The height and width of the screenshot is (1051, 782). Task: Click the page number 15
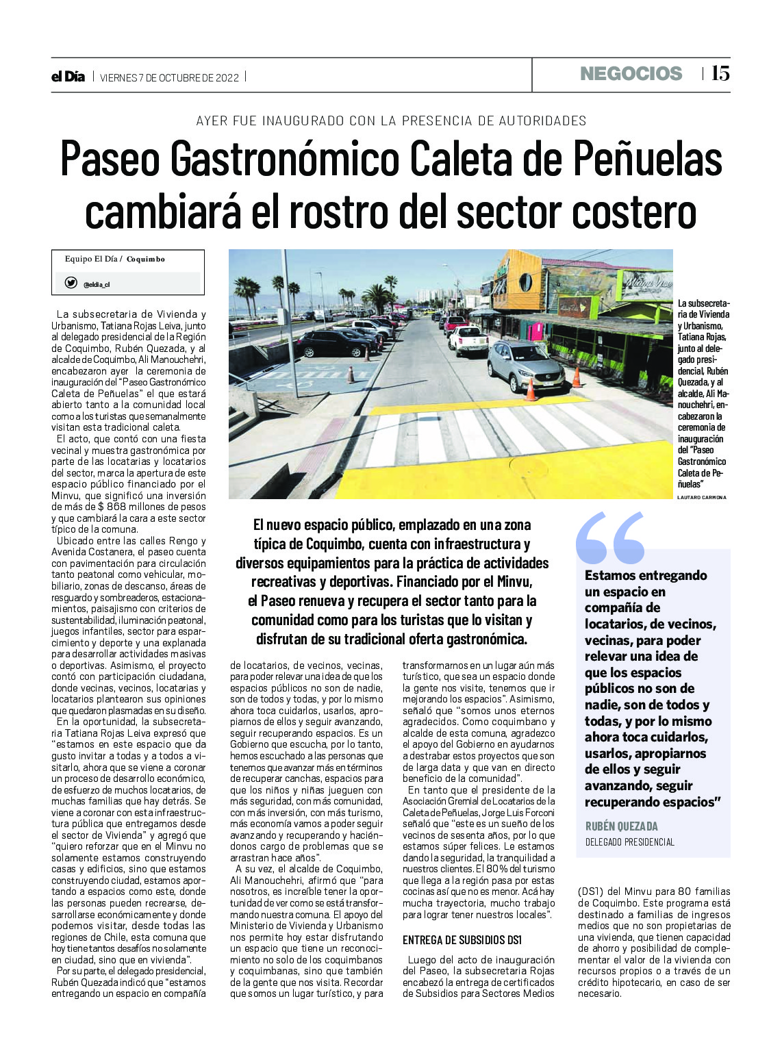tap(720, 73)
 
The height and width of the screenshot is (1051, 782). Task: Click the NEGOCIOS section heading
tap(631, 74)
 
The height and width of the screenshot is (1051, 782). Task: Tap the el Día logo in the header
tap(68, 77)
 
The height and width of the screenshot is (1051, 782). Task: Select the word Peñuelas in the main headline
tap(647, 159)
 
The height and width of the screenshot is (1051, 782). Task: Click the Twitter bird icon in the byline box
tap(71, 283)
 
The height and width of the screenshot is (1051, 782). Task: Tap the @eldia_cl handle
tap(97, 284)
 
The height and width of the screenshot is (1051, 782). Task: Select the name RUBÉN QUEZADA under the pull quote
tap(621, 826)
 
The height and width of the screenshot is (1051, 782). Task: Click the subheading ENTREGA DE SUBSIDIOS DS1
tap(462, 939)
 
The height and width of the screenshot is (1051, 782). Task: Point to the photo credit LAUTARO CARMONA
tap(702, 497)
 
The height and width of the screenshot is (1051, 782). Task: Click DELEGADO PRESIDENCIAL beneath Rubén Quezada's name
tap(629, 842)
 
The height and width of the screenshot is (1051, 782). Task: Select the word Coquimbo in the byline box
tap(146, 259)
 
